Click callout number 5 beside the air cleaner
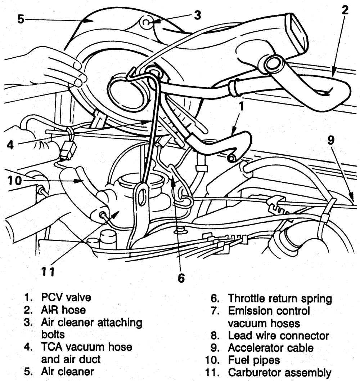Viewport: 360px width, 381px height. (21, 19)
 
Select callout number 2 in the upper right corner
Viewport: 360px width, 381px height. (345, 10)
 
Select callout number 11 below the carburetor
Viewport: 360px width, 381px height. (48, 270)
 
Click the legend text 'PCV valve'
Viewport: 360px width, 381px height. (66, 297)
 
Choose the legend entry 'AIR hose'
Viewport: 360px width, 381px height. (63, 310)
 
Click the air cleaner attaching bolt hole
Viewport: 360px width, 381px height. (146, 23)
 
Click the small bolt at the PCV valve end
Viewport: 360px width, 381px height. (231, 158)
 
